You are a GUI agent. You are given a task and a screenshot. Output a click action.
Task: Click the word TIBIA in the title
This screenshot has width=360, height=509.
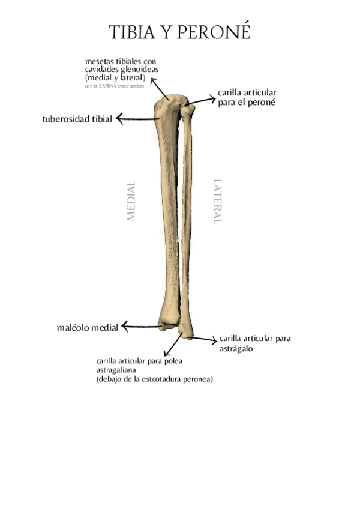point(131,33)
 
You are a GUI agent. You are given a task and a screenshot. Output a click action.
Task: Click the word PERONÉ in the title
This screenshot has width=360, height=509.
point(213,33)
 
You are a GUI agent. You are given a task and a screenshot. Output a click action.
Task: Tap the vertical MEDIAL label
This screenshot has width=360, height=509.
point(131,201)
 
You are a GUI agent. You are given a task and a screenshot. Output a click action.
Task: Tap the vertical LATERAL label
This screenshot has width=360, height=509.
point(217,202)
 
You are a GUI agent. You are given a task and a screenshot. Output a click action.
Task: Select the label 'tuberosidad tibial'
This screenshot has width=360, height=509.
point(77,119)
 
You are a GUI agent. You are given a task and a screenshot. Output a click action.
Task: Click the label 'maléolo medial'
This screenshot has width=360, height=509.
point(88,328)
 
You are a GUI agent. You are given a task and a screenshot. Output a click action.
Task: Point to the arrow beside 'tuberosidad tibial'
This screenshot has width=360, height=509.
point(137,119)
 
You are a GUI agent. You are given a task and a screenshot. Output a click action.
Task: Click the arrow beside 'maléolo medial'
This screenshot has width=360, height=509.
point(142,327)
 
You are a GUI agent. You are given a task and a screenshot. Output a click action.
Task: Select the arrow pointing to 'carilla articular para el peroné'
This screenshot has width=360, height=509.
point(202,101)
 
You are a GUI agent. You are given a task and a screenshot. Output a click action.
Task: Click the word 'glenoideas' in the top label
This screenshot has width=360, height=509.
point(138,70)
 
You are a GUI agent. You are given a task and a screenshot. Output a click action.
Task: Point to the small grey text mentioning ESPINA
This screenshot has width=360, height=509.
point(115,86)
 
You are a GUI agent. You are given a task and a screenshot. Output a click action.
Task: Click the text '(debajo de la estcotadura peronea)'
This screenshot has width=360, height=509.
point(155,379)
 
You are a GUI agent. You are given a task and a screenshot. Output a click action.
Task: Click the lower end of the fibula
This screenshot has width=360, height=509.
point(187,332)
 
